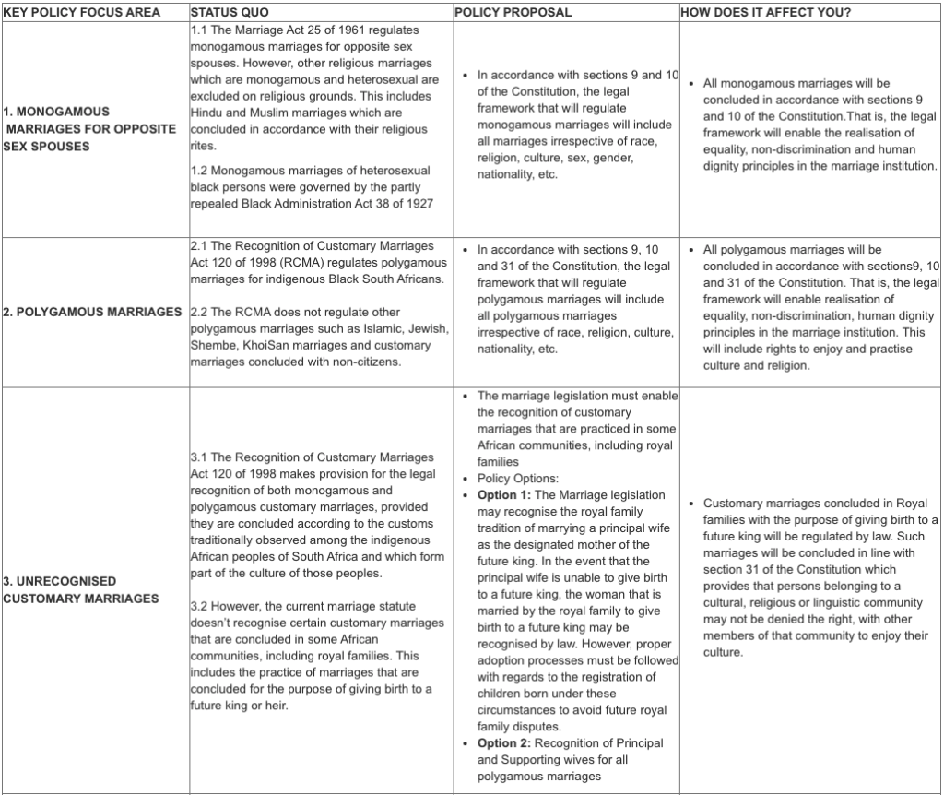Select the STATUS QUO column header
pos(228,12)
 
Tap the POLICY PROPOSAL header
pos(513,12)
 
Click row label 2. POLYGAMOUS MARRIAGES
pos(92,312)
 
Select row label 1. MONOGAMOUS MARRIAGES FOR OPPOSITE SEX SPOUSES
pos(89,129)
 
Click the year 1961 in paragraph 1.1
pos(351,30)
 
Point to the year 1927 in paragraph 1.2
pos(416,204)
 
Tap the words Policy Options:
pos(517,479)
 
